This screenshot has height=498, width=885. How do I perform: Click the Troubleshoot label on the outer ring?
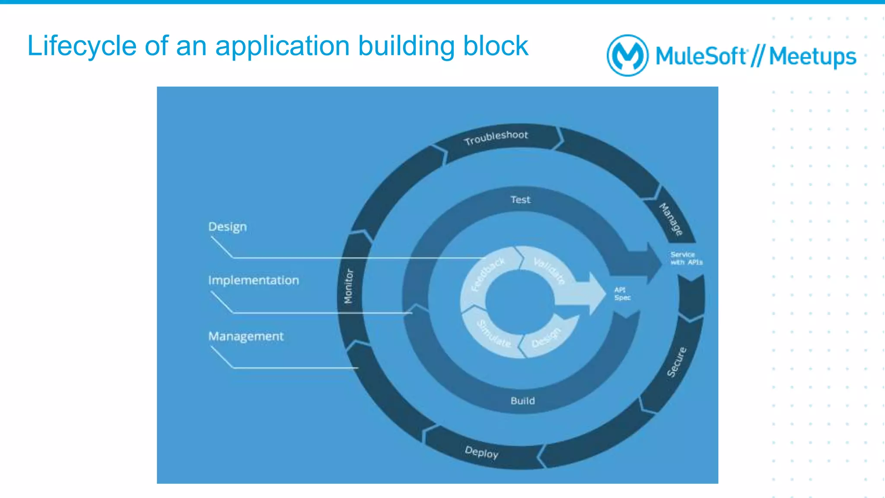496,137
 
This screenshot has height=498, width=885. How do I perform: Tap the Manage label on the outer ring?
671,219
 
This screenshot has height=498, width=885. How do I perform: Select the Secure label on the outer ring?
676,362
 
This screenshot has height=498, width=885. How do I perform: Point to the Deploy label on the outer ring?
481,452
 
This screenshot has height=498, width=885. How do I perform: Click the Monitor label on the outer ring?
348,286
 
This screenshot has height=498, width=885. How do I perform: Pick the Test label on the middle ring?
520,200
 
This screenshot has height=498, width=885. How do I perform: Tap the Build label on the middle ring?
522,401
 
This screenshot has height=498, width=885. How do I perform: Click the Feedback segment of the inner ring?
488,274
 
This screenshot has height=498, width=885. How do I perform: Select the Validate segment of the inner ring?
549,271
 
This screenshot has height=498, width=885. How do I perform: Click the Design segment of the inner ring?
546,337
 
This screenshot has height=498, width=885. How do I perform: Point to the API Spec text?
622,294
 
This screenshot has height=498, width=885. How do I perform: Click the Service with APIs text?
686,258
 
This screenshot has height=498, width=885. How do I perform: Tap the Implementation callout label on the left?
253,280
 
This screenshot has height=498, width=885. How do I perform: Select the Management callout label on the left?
246,336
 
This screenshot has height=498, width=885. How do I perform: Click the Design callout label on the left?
227,227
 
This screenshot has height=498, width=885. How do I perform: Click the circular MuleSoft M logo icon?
627,55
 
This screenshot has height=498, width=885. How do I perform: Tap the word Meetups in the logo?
812,57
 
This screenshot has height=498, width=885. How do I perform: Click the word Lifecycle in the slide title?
82,46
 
